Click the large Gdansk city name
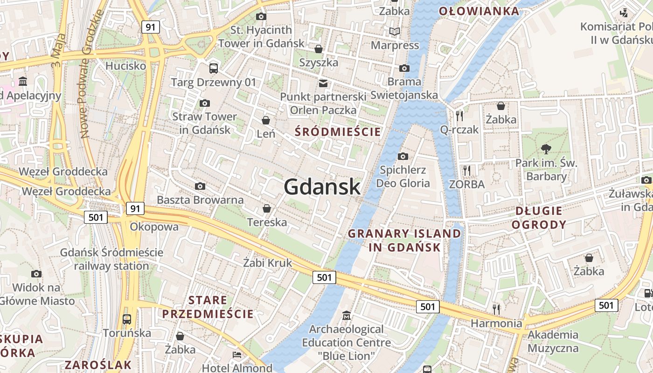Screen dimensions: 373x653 (322, 187)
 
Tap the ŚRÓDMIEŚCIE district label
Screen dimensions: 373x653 (338, 132)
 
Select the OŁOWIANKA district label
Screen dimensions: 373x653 (479, 11)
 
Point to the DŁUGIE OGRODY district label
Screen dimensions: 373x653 (539, 218)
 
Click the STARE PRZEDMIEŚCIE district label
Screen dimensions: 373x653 (208, 307)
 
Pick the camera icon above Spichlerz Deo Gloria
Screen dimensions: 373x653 (403, 156)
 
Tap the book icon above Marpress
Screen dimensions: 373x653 (395, 32)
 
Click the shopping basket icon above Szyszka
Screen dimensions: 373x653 (319, 48)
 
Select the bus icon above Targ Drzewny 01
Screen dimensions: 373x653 (214, 69)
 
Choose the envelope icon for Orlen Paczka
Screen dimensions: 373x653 (323, 83)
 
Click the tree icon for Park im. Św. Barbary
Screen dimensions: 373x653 (546, 149)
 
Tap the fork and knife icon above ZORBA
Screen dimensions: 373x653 (467, 170)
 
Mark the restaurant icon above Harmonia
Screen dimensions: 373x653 (496, 309)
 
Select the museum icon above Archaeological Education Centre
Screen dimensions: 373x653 (346, 316)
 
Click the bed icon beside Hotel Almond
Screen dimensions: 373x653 (237, 355)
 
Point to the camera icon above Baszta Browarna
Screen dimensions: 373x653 (200, 186)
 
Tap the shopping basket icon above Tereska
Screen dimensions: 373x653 (267, 208)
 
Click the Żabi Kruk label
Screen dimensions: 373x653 (268, 263)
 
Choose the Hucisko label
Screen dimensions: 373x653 (125, 66)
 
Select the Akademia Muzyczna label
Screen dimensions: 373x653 (553, 341)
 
